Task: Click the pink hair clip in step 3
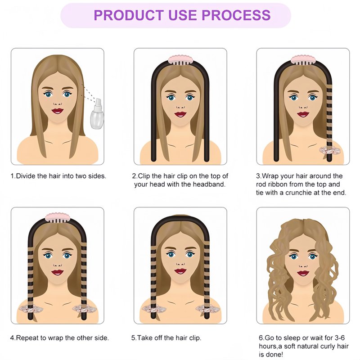303,60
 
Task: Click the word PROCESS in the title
236,15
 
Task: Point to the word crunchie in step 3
298,193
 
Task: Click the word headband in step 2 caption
209,184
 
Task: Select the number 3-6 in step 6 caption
340,338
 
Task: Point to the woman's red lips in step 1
58,111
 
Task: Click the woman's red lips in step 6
303,273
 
